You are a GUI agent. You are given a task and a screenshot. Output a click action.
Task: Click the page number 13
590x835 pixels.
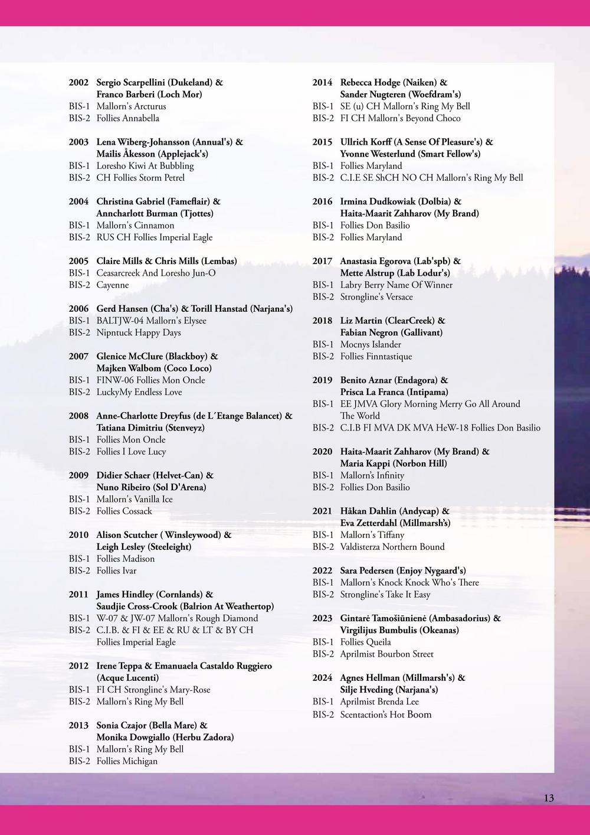(549, 798)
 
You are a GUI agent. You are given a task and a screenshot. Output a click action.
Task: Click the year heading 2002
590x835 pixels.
(78, 83)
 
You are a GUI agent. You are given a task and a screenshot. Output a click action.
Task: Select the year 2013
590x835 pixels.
(78, 725)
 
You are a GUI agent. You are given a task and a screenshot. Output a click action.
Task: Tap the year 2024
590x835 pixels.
(322, 678)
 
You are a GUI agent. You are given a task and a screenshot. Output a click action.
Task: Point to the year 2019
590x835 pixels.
(322, 380)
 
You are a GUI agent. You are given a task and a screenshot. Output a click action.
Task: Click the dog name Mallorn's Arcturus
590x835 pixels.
(131, 106)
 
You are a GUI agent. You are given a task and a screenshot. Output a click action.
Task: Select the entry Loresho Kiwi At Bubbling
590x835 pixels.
(145, 166)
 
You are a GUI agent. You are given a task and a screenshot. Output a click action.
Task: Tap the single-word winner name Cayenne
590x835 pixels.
(112, 285)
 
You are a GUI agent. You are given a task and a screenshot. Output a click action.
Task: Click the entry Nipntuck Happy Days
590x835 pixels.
(139, 332)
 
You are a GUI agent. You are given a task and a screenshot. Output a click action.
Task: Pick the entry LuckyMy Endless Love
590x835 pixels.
(139, 392)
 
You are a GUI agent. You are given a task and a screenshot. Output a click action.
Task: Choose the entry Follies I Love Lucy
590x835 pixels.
(131, 452)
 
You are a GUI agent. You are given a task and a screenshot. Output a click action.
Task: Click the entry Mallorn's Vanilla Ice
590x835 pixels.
(135, 499)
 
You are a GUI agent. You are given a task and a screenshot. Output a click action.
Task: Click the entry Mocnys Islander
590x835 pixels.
(371, 344)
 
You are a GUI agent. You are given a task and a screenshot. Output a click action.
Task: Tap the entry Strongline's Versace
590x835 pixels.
(376, 297)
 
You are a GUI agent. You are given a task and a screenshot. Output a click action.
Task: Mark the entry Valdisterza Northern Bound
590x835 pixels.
(392, 547)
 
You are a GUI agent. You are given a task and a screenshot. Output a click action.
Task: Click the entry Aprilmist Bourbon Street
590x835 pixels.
(386, 654)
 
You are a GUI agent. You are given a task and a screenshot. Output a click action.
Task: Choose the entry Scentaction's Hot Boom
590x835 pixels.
(386, 715)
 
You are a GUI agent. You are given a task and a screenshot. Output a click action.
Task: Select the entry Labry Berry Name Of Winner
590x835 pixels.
(396, 285)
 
